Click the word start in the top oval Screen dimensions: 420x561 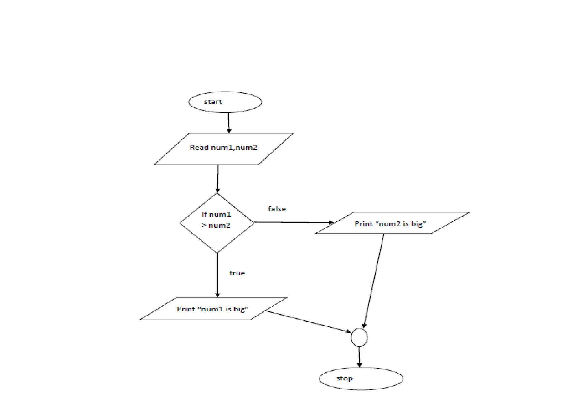pyautogui.click(x=213, y=102)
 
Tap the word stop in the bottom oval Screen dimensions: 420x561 pyautogui.click(x=344, y=378)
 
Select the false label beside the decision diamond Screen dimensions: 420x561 pyautogui.click(x=277, y=209)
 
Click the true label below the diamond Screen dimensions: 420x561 pyautogui.click(x=237, y=273)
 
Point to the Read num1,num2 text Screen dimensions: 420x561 pyautogui.click(x=224, y=147)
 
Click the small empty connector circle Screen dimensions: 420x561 pyautogui.click(x=359, y=337)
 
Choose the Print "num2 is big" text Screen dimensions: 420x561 pyautogui.click(x=390, y=224)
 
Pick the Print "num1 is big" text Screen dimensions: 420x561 pyautogui.click(x=213, y=309)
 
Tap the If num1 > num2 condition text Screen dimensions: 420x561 pyautogui.click(x=216, y=220)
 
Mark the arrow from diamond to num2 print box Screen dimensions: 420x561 pyautogui.click(x=293, y=222)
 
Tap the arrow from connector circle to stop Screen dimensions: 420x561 pyautogui.click(x=359, y=357)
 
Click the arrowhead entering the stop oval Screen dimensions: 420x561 pyautogui.click(x=359, y=365)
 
